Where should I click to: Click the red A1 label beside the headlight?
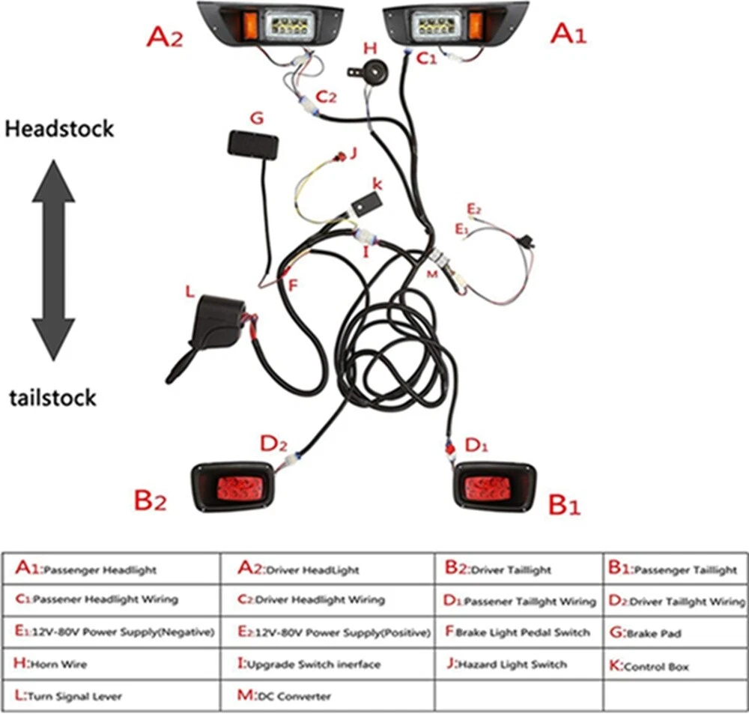[x=568, y=34]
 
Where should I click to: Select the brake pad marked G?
[x=254, y=145]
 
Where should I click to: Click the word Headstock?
[x=59, y=129]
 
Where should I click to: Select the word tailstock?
[x=53, y=397]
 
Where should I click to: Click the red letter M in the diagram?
[x=431, y=275]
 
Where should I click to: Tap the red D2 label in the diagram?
[x=273, y=444]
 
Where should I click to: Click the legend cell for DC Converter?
[x=328, y=696]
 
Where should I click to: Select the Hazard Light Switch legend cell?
[x=519, y=664]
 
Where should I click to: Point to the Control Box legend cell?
[x=675, y=664]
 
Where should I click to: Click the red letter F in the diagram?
[x=293, y=284]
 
